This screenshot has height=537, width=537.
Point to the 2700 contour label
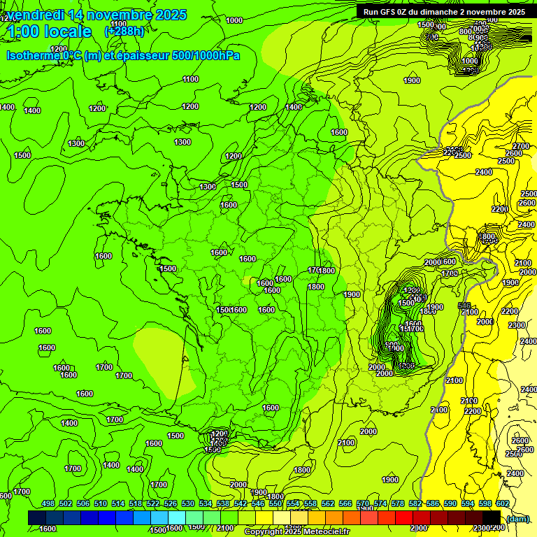point(522,146)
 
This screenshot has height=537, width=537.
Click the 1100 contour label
point(191,79)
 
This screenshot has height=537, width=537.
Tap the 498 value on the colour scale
point(48,504)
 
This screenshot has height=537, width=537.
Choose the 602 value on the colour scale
point(503,504)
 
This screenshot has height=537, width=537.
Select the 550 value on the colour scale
point(275,504)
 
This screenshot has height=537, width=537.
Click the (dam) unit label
point(518,518)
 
